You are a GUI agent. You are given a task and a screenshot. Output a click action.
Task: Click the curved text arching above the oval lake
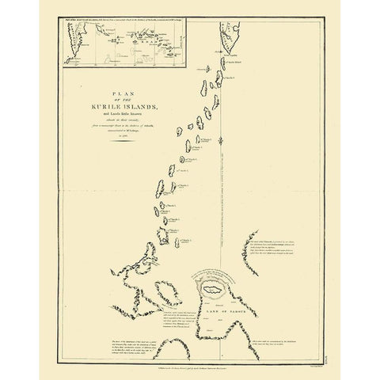[215, 274]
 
